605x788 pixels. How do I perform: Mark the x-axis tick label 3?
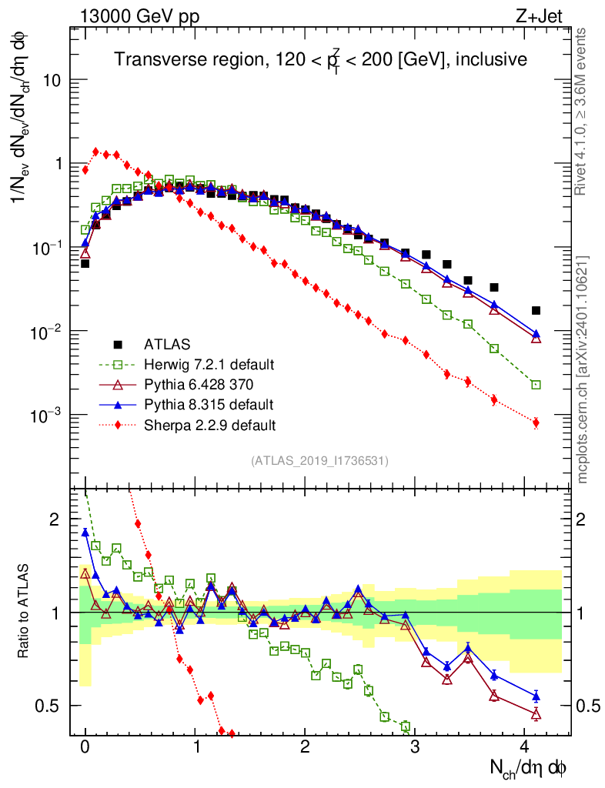click(x=415, y=747)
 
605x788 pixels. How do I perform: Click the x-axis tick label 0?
click(x=85, y=747)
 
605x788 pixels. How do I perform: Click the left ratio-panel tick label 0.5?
click(x=49, y=706)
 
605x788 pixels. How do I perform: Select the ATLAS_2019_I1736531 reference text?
click(x=319, y=461)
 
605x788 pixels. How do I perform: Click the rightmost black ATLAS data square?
click(x=536, y=311)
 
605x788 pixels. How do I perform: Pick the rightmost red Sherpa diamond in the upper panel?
click(x=536, y=422)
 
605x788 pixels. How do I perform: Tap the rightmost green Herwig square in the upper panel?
click(x=536, y=385)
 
